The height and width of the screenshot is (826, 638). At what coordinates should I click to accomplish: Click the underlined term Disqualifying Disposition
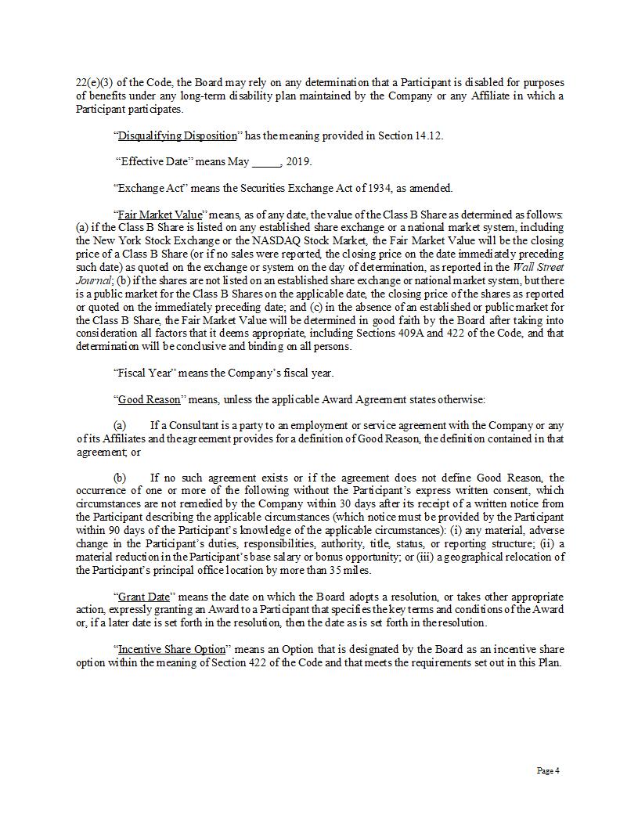pos(177,135)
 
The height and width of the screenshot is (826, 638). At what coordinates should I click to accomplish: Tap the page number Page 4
pos(548,770)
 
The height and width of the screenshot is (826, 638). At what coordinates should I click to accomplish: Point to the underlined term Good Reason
pos(149,399)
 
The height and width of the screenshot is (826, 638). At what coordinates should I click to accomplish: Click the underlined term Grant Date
pos(143,597)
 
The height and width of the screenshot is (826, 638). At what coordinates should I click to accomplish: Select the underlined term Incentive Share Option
pos(171,650)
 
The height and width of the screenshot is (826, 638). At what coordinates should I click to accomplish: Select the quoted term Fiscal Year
pos(146,373)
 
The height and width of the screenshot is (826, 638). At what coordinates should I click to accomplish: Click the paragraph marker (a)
pos(121,426)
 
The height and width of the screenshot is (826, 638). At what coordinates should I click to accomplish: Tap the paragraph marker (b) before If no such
pos(121,478)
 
